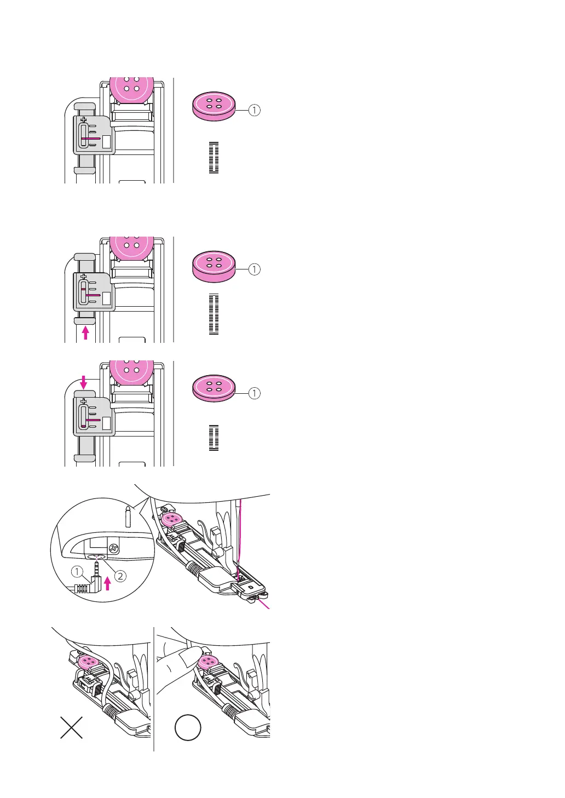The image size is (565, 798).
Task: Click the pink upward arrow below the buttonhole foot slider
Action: [85, 332]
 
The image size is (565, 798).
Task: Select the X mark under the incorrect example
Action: [71, 727]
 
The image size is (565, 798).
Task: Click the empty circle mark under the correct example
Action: [188, 728]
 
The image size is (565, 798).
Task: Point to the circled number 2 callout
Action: [120, 576]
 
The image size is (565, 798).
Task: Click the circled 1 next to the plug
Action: [77, 572]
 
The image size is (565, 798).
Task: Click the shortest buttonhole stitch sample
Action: [214, 438]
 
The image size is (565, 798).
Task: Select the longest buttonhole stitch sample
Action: [214, 314]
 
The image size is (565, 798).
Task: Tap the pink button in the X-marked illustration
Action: [87, 662]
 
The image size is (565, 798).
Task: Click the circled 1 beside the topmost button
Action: [254, 110]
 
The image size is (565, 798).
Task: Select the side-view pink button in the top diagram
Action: [214, 106]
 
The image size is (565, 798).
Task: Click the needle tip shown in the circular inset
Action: [128, 515]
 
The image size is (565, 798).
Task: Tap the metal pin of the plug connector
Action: [97, 564]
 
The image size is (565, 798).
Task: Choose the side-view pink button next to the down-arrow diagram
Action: [214, 389]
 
